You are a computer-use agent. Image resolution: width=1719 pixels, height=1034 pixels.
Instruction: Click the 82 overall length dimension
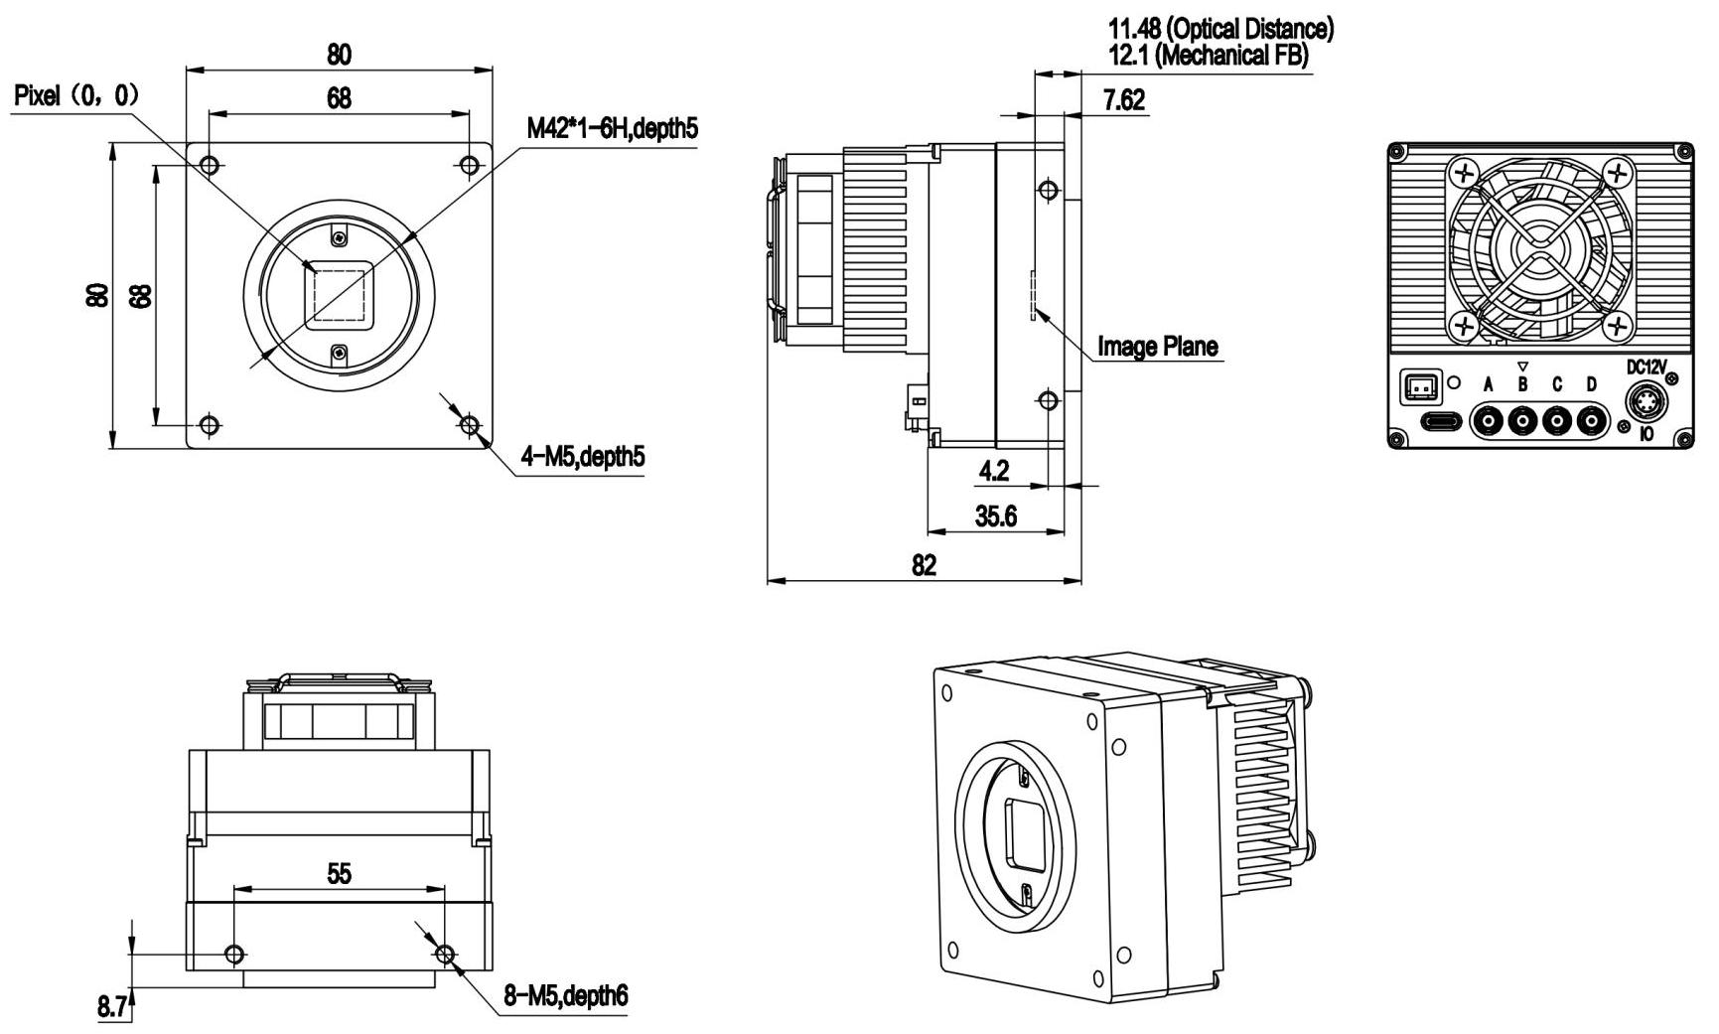pos(924,565)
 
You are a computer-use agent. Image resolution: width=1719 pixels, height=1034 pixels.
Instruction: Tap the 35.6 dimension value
pos(995,517)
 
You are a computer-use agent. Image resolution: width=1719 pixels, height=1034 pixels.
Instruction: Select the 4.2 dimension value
pos(993,470)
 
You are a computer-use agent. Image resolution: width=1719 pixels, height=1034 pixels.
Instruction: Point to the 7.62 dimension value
pos(1123,99)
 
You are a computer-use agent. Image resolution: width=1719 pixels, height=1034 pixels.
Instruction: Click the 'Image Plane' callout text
pos(1157,346)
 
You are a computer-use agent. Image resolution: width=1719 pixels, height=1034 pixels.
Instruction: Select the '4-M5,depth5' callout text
pos(583,456)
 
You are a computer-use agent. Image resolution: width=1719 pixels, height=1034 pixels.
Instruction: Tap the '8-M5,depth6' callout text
pos(566,996)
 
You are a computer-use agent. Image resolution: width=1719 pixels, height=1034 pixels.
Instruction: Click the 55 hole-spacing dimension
pos(339,873)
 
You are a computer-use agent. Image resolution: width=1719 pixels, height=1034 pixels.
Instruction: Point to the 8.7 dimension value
pos(112,1007)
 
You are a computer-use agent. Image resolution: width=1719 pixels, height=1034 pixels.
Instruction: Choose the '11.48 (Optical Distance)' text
pos(1220,29)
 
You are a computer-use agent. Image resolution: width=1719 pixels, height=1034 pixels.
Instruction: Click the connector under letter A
pos(1488,422)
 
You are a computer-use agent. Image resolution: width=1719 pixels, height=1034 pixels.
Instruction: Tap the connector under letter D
pos(1591,422)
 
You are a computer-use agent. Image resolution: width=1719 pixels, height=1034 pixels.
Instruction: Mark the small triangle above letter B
pos(1522,368)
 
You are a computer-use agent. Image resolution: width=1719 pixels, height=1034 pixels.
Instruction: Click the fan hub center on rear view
pos(1537,249)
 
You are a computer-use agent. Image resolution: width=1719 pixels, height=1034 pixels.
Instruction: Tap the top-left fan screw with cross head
pos(1463,175)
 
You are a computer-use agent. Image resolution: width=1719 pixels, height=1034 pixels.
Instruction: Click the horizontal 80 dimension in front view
pos(339,54)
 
